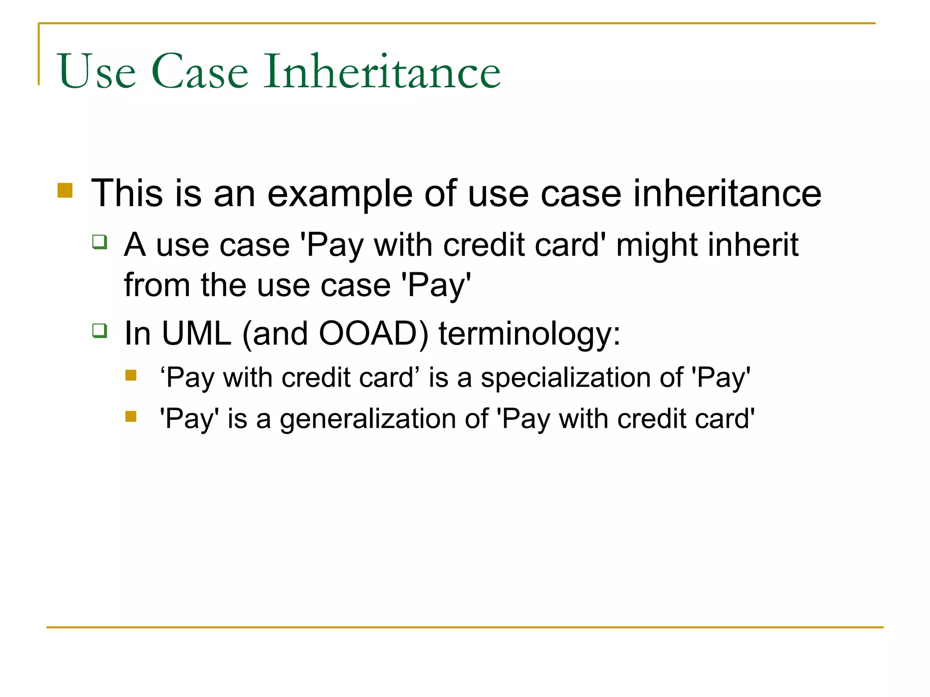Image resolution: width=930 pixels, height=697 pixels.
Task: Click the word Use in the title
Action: point(97,71)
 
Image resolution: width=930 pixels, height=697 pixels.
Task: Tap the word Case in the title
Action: point(200,71)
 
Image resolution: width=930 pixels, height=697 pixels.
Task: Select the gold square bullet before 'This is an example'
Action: point(65,191)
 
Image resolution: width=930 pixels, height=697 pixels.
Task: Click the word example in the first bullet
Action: point(340,194)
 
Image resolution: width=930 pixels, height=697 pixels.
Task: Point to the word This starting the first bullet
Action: point(127,193)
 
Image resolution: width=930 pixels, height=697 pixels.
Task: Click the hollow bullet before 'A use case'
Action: point(99,241)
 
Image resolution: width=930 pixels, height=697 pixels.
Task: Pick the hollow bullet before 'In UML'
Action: point(99,330)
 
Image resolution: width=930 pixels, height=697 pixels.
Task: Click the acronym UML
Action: point(196,334)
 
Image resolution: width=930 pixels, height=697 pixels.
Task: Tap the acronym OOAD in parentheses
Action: point(368,334)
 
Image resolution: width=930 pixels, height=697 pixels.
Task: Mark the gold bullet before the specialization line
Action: point(131,375)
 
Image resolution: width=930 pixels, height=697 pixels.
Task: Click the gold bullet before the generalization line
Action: point(131,416)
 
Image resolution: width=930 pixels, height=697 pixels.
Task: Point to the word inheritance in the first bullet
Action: point(727,193)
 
